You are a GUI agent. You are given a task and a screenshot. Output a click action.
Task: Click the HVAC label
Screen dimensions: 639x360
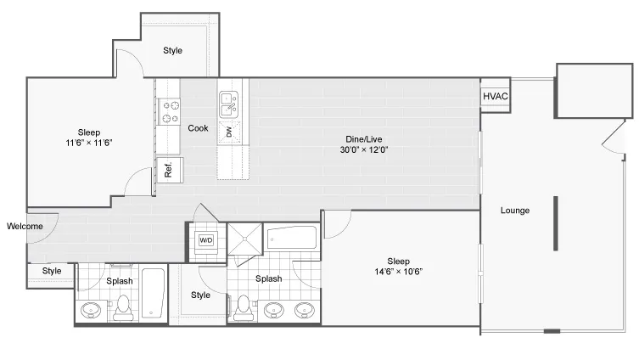click(x=495, y=96)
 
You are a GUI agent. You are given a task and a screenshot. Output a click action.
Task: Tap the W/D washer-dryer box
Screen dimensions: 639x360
click(x=206, y=240)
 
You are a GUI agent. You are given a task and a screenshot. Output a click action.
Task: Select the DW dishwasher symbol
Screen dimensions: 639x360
click(x=229, y=132)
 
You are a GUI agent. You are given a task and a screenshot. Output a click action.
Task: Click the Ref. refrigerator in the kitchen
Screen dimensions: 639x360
click(x=170, y=170)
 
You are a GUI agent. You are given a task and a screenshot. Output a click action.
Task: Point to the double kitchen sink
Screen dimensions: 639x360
click(x=229, y=104)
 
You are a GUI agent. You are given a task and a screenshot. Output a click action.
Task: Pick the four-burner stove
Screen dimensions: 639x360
click(x=170, y=112)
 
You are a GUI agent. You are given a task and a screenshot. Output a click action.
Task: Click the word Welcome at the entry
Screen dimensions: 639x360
click(x=25, y=227)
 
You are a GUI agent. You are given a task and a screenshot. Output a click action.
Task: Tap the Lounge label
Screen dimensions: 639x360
click(x=515, y=211)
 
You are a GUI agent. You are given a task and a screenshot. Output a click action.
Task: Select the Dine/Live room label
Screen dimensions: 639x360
click(x=364, y=139)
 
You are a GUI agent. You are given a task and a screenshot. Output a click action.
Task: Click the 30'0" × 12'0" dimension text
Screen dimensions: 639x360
click(x=364, y=149)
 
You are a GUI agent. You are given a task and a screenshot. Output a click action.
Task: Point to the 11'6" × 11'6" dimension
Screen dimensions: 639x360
click(x=89, y=143)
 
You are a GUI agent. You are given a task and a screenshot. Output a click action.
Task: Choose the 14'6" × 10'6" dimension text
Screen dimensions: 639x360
click(x=399, y=272)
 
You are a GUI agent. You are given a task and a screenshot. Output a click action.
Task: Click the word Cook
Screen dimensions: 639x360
click(x=198, y=128)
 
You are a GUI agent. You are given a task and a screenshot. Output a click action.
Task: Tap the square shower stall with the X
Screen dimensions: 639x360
click(x=245, y=239)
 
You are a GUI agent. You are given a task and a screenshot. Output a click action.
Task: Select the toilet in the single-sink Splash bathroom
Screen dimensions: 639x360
click(x=123, y=308)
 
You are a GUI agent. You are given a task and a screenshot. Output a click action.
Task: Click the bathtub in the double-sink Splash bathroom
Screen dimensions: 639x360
click(x=292, y=238)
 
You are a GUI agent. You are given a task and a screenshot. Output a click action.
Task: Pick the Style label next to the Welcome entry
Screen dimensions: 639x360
click(x=52, y=271)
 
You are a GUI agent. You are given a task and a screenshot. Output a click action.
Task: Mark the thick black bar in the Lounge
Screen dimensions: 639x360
click(x=556, y=223)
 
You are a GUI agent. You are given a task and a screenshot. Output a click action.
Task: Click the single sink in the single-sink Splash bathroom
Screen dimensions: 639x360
click(x=91, y=310)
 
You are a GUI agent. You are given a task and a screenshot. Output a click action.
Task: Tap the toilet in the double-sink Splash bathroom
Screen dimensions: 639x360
click(x=244, y=308)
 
